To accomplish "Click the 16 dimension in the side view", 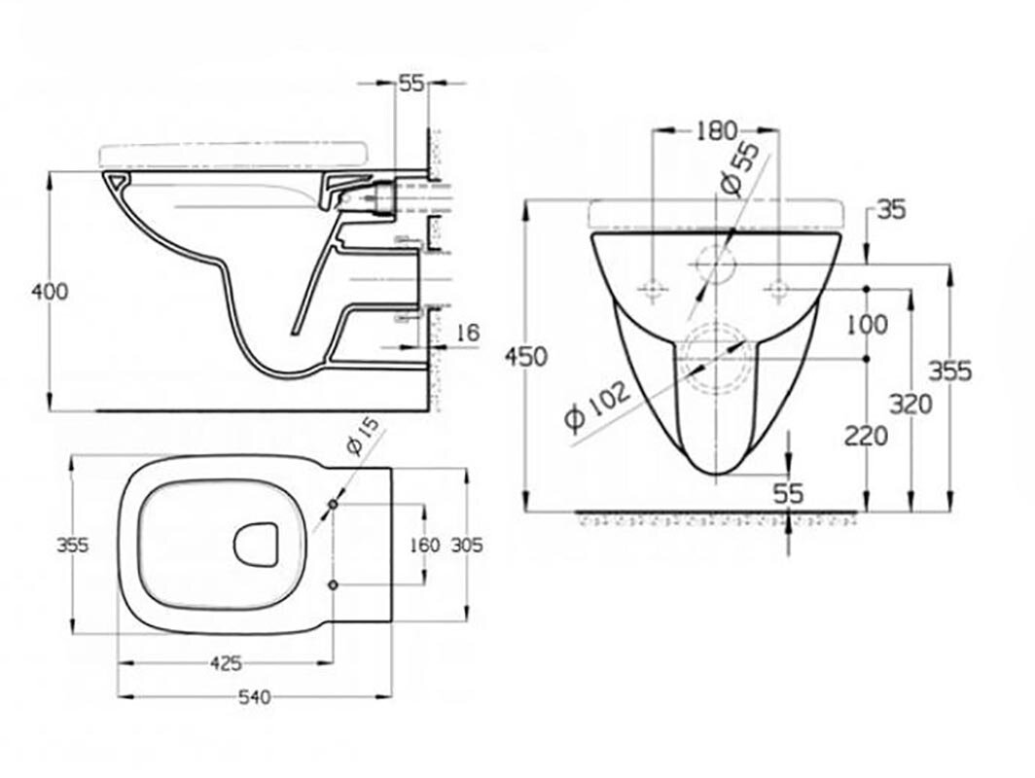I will click(x=468, y=333).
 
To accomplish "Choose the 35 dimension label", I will click(x=891, y=207).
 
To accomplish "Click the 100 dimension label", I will click(x=867, y=325).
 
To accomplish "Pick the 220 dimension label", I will click(x=866, y=436).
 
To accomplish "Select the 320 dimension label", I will click(x=910, y=403).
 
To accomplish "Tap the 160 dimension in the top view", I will click(x=425, y=545).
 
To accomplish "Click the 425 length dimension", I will click(x=226, y=664).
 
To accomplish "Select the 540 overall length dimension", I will click(x=255, y=696).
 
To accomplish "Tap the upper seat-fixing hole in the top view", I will click(x=334, y=506).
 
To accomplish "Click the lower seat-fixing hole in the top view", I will click(x=334, y=583).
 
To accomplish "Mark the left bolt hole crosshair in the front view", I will click(x=654, y=289).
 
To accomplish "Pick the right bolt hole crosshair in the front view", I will click(x=778, y=289).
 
